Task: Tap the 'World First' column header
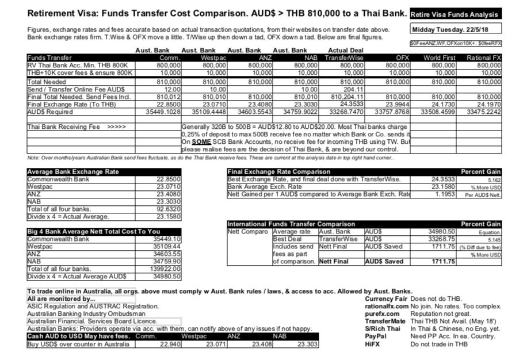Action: click(x=440, y=58)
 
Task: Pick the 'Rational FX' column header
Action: click(x=483, y=58)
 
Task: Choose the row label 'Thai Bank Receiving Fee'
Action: click(x=63, y=127)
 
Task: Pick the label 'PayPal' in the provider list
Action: click(x=376, y=336)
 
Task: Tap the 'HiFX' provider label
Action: click(x=373, y=344)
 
